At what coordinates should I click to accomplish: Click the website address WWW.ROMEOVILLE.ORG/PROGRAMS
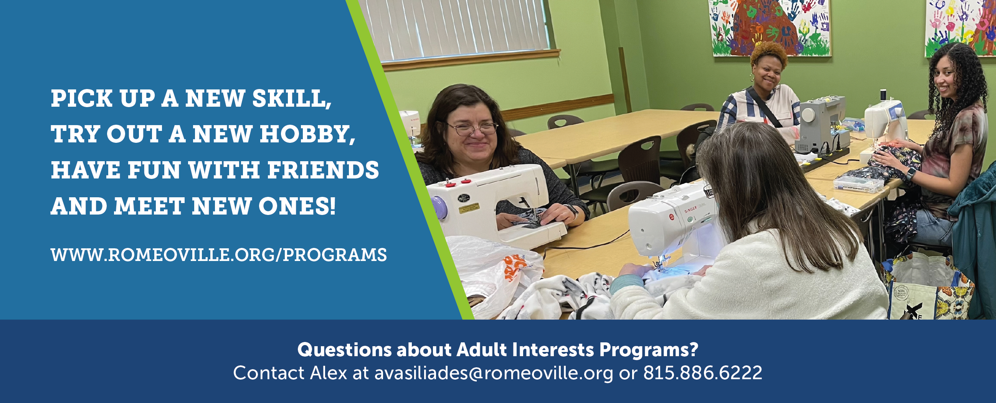(218, 255)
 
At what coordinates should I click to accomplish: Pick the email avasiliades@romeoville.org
(494, 373)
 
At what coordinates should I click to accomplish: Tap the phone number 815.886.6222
(702, 373)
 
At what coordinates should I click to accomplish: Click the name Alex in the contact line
(329, 373)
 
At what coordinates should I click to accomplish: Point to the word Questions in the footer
(345, 350)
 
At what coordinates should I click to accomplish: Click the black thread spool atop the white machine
(883, 95)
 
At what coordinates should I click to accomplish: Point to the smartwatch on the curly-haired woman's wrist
(911, 173)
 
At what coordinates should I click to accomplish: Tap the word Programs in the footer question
(649, 350)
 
